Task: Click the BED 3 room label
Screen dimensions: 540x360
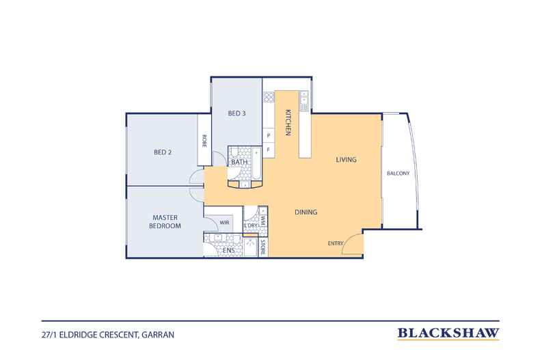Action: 237,113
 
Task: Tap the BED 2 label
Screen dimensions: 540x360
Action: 163,152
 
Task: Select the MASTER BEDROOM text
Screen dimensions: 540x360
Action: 165,221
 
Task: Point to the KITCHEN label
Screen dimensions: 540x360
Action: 288,122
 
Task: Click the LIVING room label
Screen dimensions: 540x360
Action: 346,159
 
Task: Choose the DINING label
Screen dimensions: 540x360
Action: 306,212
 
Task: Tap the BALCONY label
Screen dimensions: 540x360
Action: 398,173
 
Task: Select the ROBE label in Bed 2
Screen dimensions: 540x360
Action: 204,141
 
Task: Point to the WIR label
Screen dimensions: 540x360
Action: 224,222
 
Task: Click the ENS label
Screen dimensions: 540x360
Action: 229,251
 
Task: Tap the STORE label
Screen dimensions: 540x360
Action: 262,247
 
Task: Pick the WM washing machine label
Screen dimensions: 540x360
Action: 262,220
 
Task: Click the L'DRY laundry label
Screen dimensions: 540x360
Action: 251,225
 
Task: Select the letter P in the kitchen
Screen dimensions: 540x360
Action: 269,135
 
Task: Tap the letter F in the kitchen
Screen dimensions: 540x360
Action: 269,150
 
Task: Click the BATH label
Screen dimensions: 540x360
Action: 239,162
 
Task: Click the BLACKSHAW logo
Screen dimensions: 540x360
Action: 448,333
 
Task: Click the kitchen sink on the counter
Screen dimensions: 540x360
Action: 304,100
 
